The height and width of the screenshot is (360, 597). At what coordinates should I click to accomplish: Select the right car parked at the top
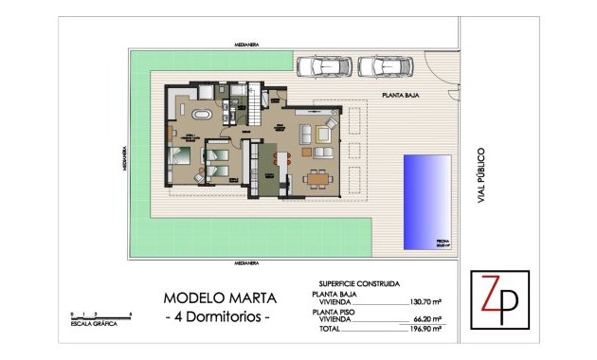(x=385, y=67)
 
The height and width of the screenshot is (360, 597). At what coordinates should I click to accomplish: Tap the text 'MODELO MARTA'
(x=216, y=296)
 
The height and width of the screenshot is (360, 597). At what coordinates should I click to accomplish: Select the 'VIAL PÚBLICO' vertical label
(x=482, y=174)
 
